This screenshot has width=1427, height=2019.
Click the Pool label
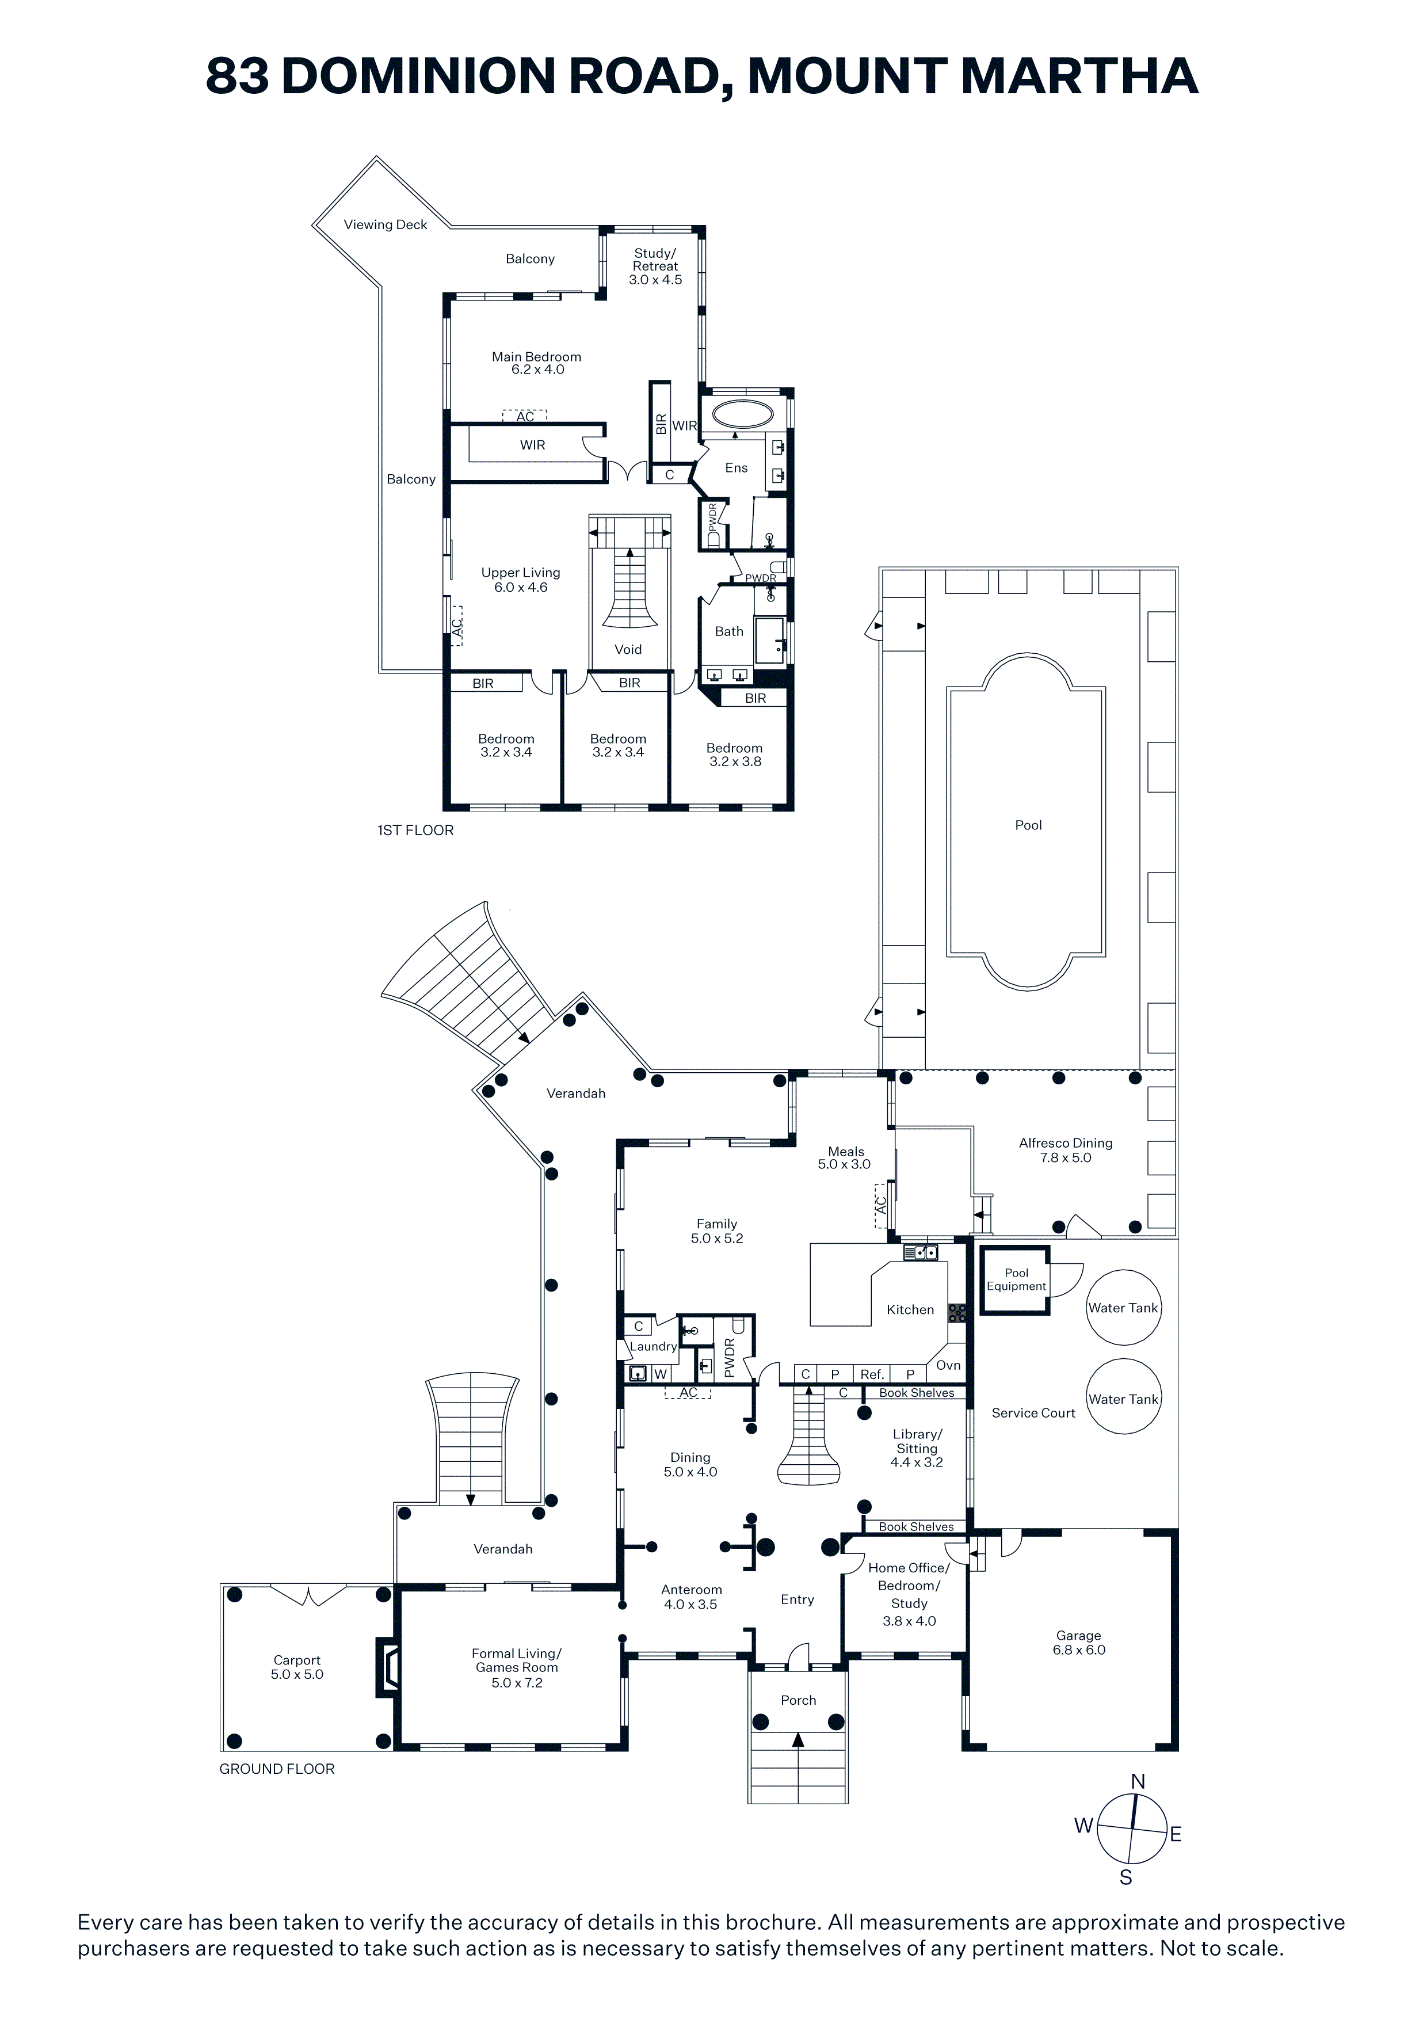point(1028,825)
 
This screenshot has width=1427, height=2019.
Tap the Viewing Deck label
point(385,224)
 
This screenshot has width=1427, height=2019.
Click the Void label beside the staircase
point(628,649)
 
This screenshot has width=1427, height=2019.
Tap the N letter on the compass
point(1138,1781)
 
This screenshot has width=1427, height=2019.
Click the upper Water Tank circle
point(1124,1308)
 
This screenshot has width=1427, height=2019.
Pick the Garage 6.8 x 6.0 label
point(1079,1643)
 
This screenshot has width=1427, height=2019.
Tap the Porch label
point(798,1700)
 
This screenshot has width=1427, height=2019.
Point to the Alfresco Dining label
point(1066,1143)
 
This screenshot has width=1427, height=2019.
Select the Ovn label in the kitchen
point(948,1365)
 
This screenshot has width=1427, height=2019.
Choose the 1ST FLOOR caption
point(416,830)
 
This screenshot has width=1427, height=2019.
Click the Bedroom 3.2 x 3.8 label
point(735,755)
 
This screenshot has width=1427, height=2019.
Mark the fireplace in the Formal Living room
point(387,1664)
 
